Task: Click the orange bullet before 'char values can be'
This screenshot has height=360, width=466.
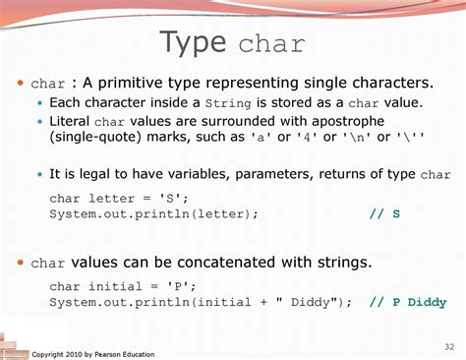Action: pyautogui.click(x=21, y=262)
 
